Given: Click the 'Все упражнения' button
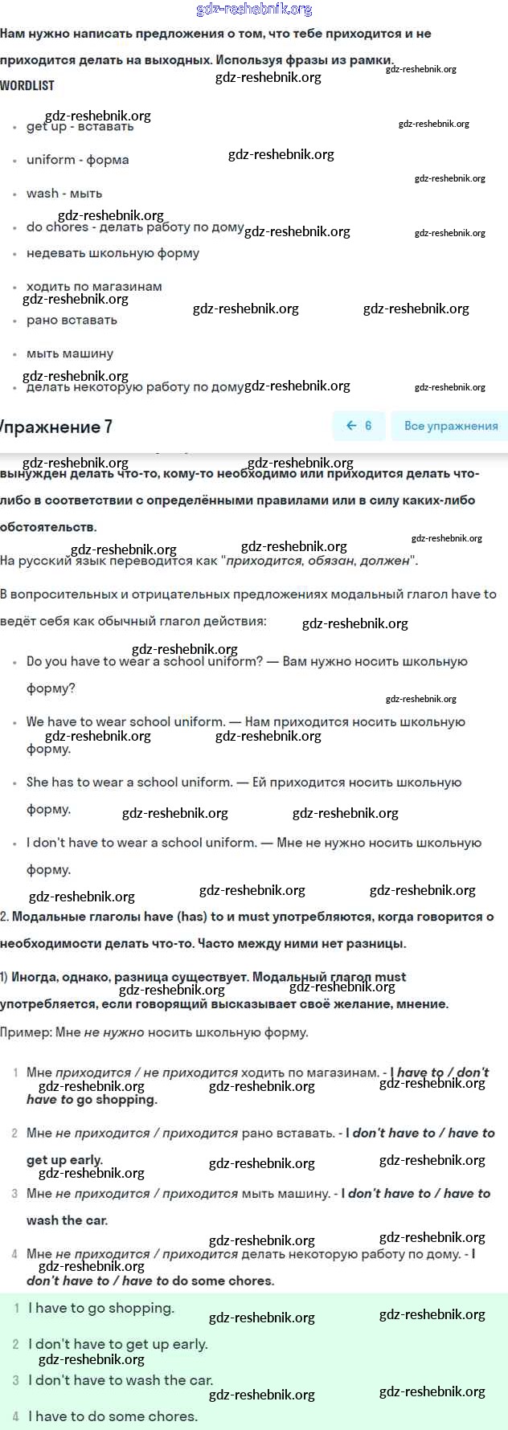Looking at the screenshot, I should pos(450,426).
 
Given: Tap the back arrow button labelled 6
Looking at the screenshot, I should pos(358,426).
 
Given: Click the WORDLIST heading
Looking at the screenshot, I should pos(27,85).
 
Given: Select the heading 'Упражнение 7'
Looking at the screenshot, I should pos(56,427).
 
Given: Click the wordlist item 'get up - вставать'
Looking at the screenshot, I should pos(80,127).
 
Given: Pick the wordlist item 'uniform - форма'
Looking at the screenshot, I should pos(77,160).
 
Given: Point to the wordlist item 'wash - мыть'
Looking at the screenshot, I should pos(64,194).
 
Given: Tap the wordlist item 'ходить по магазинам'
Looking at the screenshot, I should pos(94,286).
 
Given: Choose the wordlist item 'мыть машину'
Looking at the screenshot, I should pos(70,353).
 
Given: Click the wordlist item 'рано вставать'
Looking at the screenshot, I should pos(72,320).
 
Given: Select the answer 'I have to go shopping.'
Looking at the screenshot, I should pos(101,1308).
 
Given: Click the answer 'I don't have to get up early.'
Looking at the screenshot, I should pos(118,1344).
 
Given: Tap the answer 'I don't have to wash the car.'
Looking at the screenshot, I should pos(121,1380).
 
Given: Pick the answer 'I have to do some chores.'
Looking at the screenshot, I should pos(113,1416).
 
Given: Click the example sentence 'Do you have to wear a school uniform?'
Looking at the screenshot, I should pos(145,662).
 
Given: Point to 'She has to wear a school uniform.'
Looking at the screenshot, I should pos(129,782).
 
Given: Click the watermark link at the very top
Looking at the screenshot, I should pos(254,9).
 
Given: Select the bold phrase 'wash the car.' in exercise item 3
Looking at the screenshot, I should pos(67,1220).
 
